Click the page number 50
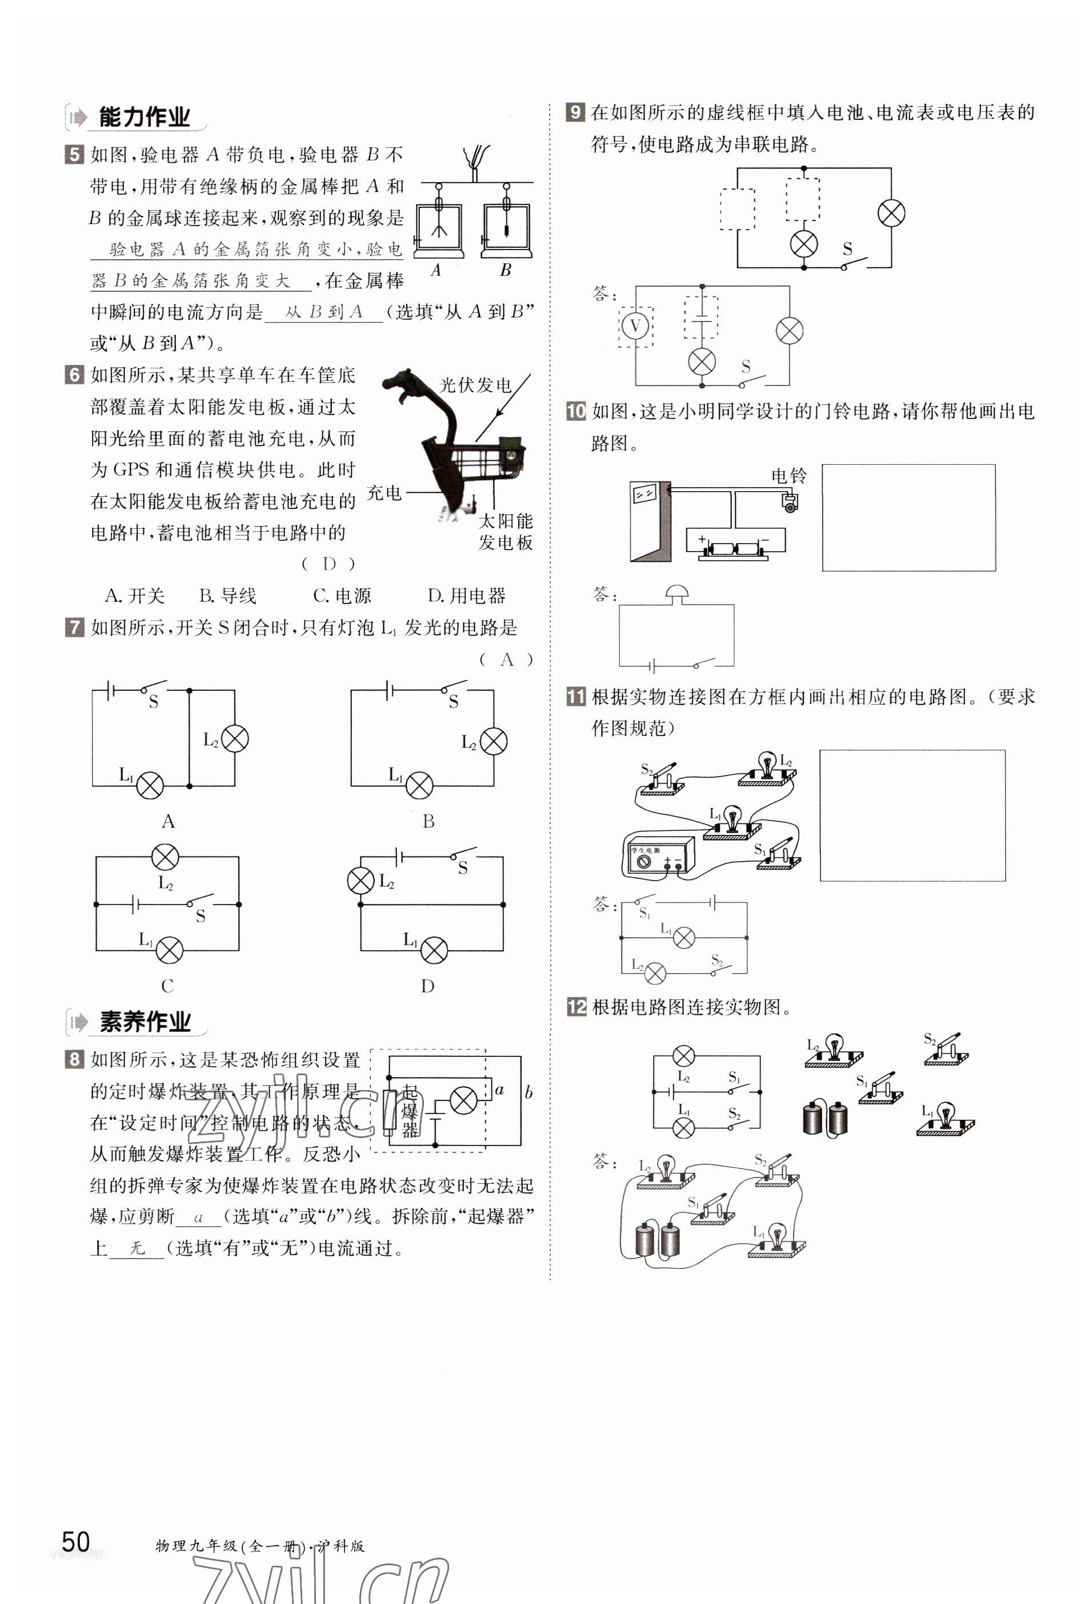(75, 1540)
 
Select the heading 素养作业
(145, 1022)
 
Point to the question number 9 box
(575, 112)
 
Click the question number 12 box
(576, 1007)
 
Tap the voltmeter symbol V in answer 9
(635, 326)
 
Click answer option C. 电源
(342, 595)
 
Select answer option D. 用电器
(467, 595)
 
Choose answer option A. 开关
(135, 595)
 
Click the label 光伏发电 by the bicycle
(475, 384)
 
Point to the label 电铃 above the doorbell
(788, 476)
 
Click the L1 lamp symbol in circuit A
(150, 785)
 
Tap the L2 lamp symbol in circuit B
(493, 741)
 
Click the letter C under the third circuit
(167, 986)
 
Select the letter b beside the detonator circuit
(529, 1092)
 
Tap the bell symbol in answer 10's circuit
(676, 593)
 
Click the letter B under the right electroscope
(506, 270)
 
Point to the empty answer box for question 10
(908, 518)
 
